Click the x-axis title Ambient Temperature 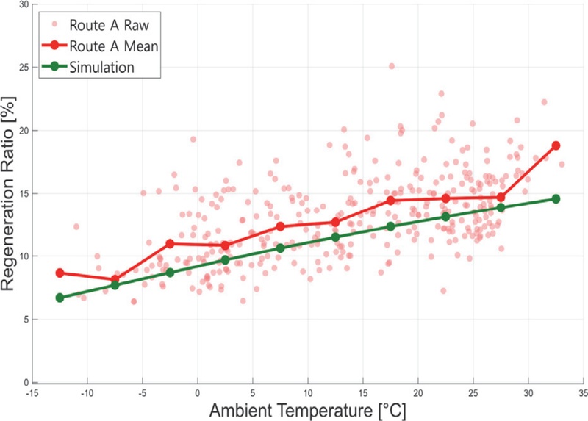point(307,411)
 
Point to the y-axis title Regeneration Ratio point(8,194)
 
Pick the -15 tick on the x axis point(32,394)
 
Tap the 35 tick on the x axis point(583,394)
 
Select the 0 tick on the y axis point(26,383)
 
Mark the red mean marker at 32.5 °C point(556,145)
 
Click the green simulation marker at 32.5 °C point(556,198)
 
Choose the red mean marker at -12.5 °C point(60,273)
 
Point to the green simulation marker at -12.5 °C point(60,298)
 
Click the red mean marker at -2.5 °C point(170,244)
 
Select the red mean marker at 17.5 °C point(390,201)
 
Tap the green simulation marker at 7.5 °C point(280,248)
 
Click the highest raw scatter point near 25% point(392,66)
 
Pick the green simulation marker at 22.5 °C point(445,217)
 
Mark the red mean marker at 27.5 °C point(501,198)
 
